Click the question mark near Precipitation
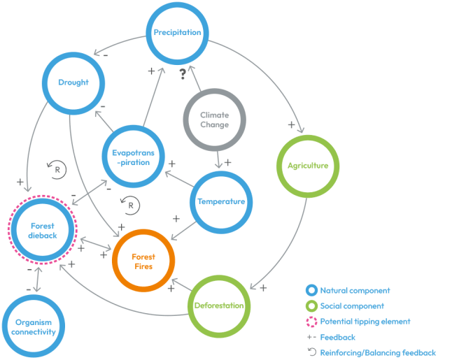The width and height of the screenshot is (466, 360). [183, 74]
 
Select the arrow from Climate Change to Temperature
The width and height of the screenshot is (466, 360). [218, 160]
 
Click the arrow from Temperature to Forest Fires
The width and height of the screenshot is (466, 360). [183, 231]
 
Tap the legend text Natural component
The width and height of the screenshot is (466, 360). [355, 291]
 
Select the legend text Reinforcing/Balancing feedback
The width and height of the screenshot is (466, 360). [378, 353]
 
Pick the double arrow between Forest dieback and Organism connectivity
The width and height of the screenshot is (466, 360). [38, 280]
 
